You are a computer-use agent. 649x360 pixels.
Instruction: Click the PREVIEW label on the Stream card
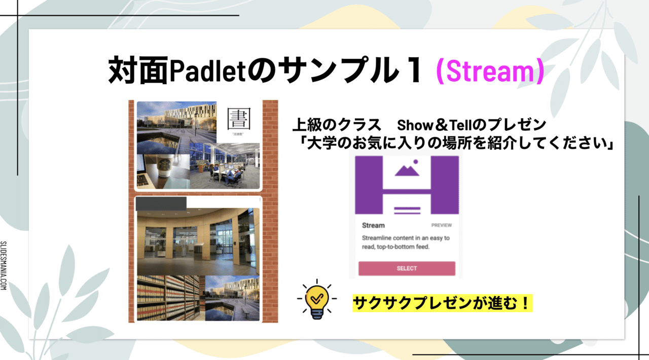pos(441,225)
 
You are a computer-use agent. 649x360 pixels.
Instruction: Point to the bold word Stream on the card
pos(374,225)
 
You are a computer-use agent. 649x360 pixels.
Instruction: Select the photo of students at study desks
pos(226,166)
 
